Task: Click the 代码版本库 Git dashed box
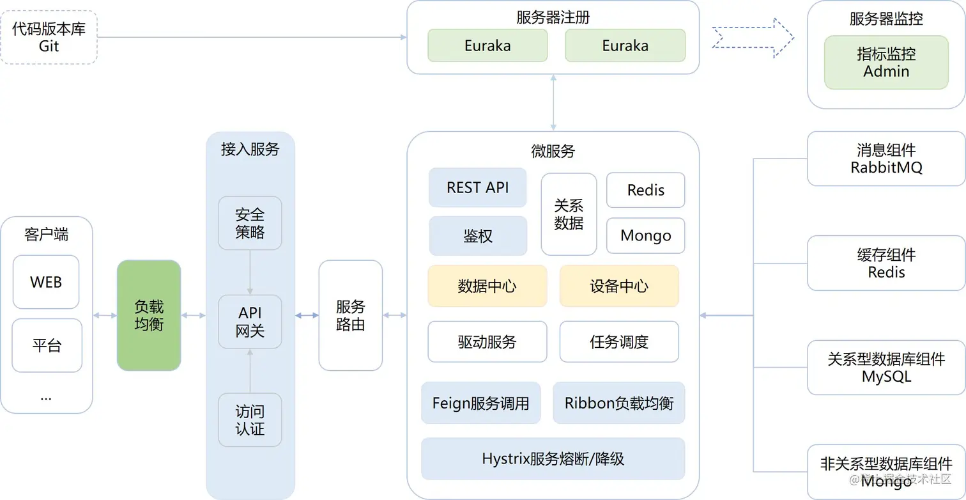[x=49, y=37]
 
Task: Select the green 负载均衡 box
[x=149, y=315]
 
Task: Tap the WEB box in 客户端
[x=46, y=282]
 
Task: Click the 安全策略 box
[x=250, y=223]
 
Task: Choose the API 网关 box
[x=250, y=322]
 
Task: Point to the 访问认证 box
[x=250, y=420]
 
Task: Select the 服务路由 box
[x=350, y=315]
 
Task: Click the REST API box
[x=477, y=187]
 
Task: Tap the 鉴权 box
[x=477, y=236]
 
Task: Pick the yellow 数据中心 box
[x=487, y=286]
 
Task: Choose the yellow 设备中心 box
[x=618, y=286]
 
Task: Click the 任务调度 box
[x=618, y=341]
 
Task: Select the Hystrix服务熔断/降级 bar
[x=553, y=458]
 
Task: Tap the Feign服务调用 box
[x=480, y=403]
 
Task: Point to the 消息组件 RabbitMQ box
[x=886, y=159]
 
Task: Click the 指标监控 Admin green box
[x=886, y=62]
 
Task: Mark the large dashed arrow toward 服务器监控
[x=753, y=38]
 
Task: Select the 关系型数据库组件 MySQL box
[x=886, y=368]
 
